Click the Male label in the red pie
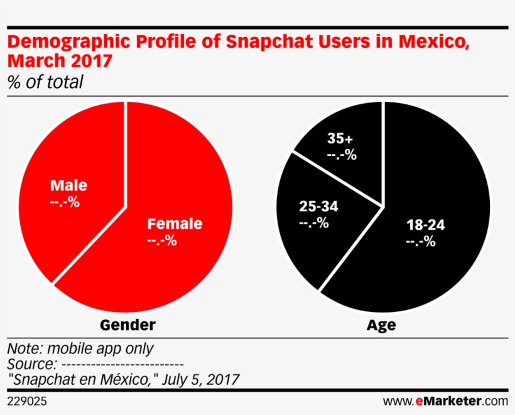tap(68, 185)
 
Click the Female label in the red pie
tap(175, 224)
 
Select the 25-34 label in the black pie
tap(314, 206)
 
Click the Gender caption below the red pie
tap(127, 325)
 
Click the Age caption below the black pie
tap(382, 325)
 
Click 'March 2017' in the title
tap(60, 62)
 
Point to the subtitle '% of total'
tap(45, 82)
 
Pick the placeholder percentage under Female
tap(161, 241)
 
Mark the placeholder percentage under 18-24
tap(420, 241)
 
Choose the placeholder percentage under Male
tap(64, 202)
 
